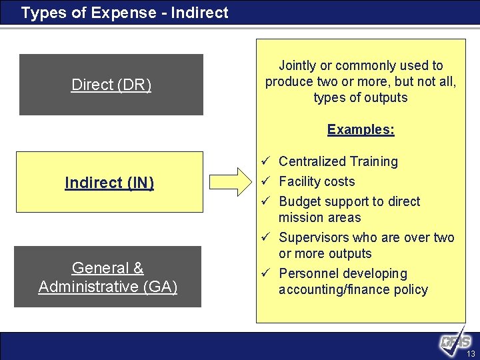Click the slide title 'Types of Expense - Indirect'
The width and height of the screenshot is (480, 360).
coord(125,13)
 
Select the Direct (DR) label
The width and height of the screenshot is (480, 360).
coord(111,85)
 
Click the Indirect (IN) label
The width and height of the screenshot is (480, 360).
coord(109,183)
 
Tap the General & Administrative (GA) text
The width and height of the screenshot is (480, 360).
coord(108,277)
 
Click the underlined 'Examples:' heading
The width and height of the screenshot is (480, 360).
coord(361,129)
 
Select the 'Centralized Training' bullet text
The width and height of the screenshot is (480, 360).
coord(338,161)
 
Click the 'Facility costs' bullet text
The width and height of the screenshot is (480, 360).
coord(317,181)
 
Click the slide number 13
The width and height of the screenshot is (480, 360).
coord(471,354)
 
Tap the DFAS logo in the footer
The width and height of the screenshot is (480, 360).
coord(455,341)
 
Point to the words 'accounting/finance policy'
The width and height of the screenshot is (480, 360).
coord(353,289)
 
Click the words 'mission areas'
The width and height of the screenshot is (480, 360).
coord(319,217)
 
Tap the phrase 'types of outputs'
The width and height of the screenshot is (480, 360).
coord(361,97)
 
